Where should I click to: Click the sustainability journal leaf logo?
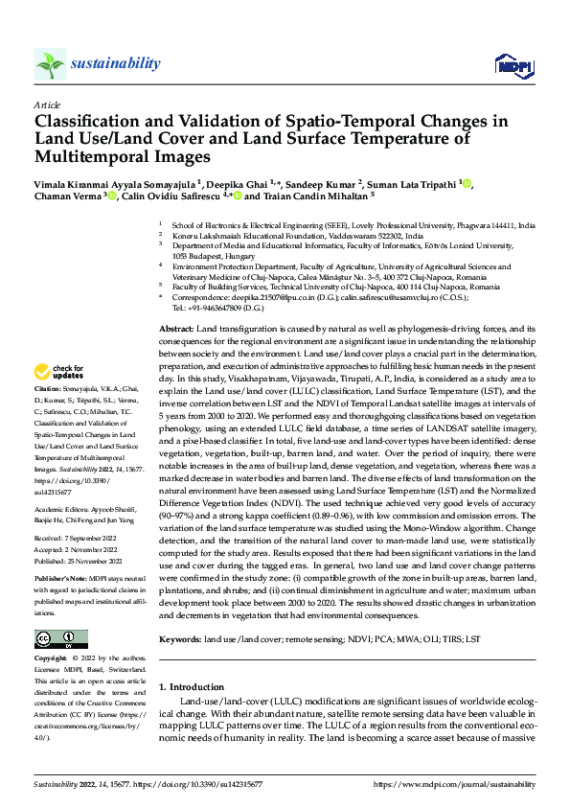coord(50,64)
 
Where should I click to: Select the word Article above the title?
coord(47,104)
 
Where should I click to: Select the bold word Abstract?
coord(177,329)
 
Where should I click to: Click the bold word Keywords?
coord(180,637)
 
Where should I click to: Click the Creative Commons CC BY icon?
coord(61,639)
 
